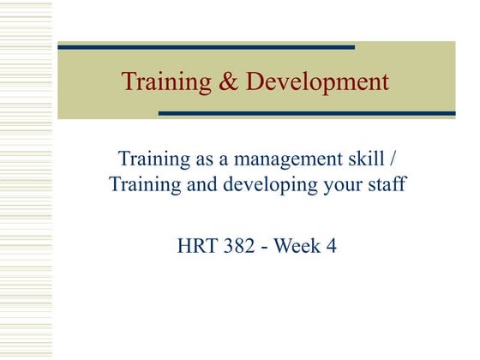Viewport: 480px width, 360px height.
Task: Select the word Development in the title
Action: pyautogui.click(x=316, y=82)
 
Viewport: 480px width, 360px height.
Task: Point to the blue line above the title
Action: pyautogui.click(x=206, y=47)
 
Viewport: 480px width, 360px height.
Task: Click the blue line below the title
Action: pyautogui.click(x=307, y=113)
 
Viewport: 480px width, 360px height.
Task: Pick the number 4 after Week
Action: pyautogui.click(x=332, y=247)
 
